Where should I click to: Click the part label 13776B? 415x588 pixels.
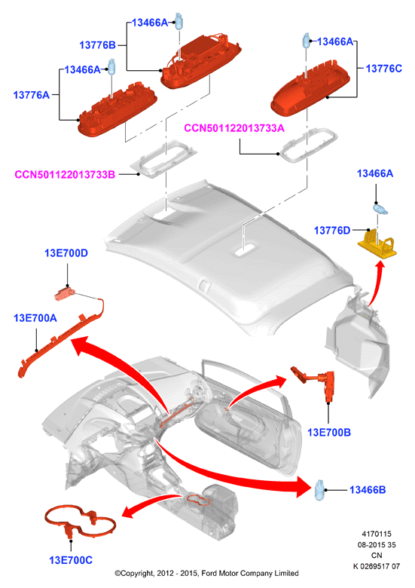click(x=97, y=45)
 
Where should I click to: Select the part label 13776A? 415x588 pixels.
click(x=32, y=95)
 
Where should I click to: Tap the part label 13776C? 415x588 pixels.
click(x=383, y=69)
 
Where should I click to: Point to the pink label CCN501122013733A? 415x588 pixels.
click(x=234, y=128)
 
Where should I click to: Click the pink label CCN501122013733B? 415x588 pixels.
click(x=65, y=174)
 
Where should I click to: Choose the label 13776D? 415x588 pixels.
click(x=332, y=230)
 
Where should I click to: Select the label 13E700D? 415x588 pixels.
click(x=66, y=253)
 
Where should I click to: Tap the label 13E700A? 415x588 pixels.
click(x=35, y=318)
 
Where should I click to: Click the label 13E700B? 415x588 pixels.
click(x=329, y=433)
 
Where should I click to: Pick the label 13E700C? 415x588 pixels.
click(x=70, y=560)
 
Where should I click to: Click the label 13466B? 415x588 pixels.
click(x=367, y=490)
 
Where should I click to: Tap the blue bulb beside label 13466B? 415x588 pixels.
click(x=319, y=490)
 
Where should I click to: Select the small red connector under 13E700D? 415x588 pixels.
click(x=66, y=294)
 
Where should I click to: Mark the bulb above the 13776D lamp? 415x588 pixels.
click(x=380, y=208)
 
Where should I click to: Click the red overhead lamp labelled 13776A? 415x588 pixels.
click(x=117, y=111)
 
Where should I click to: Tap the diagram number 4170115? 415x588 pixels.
click(x=376, y=534)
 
